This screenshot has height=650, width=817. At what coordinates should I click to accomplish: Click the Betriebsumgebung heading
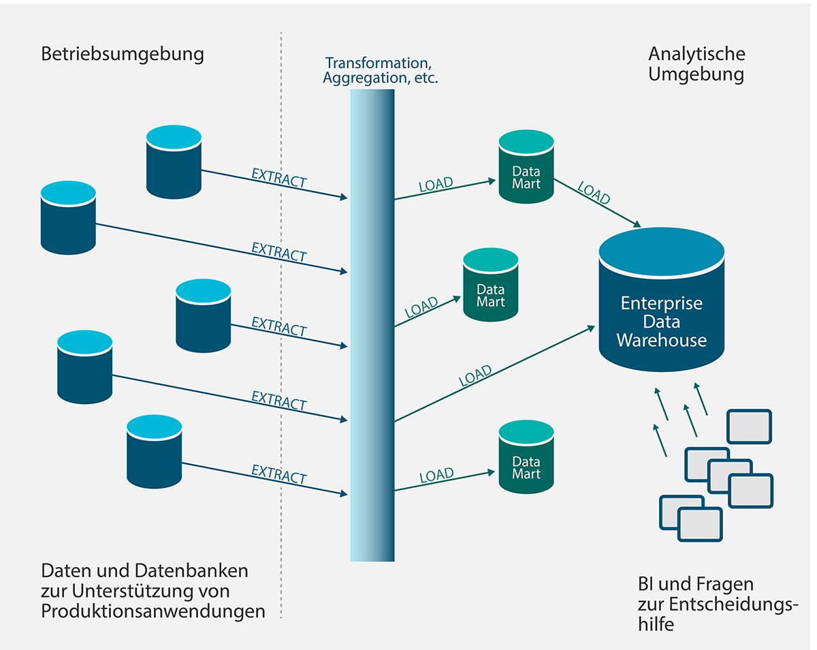[x=123, y=54]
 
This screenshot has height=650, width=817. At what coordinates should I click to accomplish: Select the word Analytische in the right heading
[x=696, y=54]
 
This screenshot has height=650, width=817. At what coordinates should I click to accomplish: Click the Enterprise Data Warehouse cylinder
[x=661, y=300]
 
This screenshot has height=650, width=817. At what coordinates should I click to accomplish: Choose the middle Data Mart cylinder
[x=490, y=284]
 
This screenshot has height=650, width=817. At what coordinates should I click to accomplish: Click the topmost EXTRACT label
[x=279, y=179]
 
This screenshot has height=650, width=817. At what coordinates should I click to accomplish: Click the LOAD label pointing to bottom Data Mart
[x=436, y=476]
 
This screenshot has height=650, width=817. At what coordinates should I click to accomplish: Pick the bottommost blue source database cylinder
[x=155, y=453]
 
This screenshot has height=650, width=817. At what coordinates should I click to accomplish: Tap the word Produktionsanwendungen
[x=153, y=611]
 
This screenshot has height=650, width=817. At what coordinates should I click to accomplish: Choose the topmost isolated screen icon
[x=749, y=426]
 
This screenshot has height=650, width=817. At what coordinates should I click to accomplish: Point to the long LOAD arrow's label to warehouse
[x=475, y=376]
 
